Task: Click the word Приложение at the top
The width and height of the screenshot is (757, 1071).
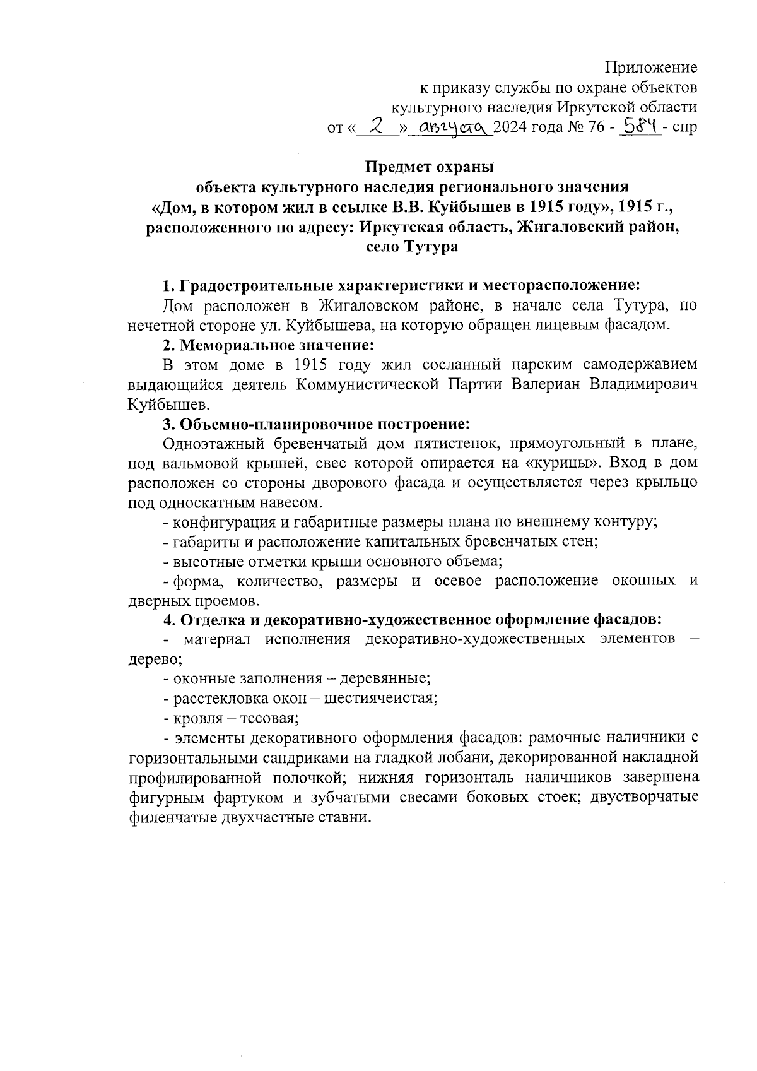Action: pyautogui.click(x=651, y=68)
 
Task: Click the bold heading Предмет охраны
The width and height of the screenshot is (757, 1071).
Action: pyautogui.click(x=430, y=168)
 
